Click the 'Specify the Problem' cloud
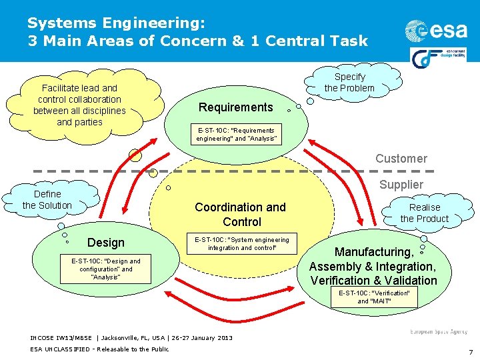coord(349,82)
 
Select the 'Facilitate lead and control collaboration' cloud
coord(79,105)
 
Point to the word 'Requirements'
coord(236,107)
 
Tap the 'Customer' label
coord(401,159)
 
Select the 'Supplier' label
coord(401,185)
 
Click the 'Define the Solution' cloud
coord(47,200)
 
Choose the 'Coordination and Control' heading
coord(240,215)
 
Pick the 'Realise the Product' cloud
coord(425,213)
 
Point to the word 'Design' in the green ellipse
coord(106,243)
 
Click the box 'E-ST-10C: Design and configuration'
coord(107,269)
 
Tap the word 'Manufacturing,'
coord(374,252)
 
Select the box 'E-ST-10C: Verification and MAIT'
coord(374,297)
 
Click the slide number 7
coord(470,352)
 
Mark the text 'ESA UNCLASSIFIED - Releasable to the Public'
coord(99,349)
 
